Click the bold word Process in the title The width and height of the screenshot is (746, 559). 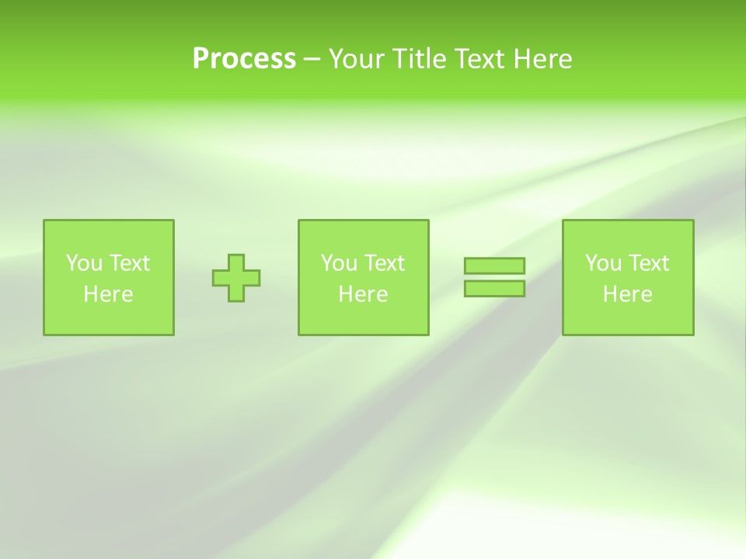(244, 59)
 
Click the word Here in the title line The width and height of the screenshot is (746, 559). (542, 59)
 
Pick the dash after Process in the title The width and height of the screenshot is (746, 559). (312, 60)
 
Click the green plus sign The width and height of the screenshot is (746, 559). (236, 277)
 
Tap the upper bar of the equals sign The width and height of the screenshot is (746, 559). (494, 266)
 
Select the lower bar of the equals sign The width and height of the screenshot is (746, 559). (494, 289)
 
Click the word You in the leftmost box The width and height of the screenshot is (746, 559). (83, 263)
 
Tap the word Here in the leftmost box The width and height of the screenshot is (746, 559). (108, 294)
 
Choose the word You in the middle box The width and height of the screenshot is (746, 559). (338, 263)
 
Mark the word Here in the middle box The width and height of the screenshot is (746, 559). (363, 294)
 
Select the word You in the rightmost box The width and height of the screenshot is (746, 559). (602, 263)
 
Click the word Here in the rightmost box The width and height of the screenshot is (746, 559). (627, 294)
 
